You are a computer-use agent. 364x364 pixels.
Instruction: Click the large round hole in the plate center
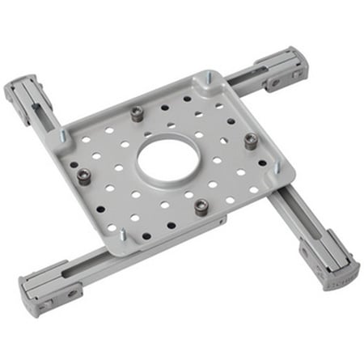pyautogui.click(x=168, y=158)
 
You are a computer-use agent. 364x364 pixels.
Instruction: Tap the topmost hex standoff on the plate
pyautogui.click(x=138, y=114)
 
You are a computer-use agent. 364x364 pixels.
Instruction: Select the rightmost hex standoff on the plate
pyautogui.click(x=251, y=139)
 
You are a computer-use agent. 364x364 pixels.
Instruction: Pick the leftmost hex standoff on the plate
pyautogui.click(x=83, y=176)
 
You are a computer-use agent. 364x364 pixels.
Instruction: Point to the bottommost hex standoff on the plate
pyautogui.click(x=201, y=205)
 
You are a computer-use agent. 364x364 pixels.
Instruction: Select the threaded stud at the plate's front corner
pyautogui.click(x=123, y=235)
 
